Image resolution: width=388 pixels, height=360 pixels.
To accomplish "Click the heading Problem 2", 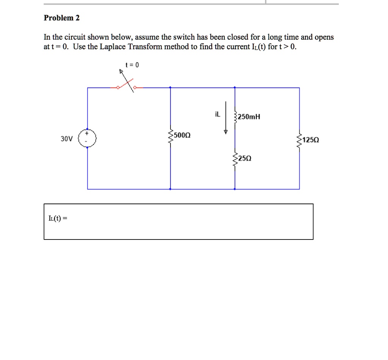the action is [62, 18].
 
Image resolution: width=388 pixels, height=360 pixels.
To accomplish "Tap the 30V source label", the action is [66, 139].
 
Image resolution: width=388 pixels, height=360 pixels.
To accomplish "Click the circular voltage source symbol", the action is [88, 139].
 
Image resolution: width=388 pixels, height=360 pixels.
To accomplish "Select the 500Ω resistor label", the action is [182, 135].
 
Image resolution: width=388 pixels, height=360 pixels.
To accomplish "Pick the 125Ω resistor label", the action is [311, 140].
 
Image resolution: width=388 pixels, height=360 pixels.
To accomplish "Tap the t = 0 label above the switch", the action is [134, 65].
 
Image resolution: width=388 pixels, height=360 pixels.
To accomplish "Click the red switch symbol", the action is [127, 86].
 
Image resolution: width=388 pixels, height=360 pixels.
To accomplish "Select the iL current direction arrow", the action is [226, 117].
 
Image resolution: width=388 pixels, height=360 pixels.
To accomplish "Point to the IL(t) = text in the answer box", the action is [58, 218].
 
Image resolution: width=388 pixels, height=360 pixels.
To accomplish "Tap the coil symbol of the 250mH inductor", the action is [235, 117].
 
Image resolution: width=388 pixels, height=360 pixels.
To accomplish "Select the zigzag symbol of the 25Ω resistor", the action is [235, 161].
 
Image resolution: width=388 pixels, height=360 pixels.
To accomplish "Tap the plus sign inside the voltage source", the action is [88, 133].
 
